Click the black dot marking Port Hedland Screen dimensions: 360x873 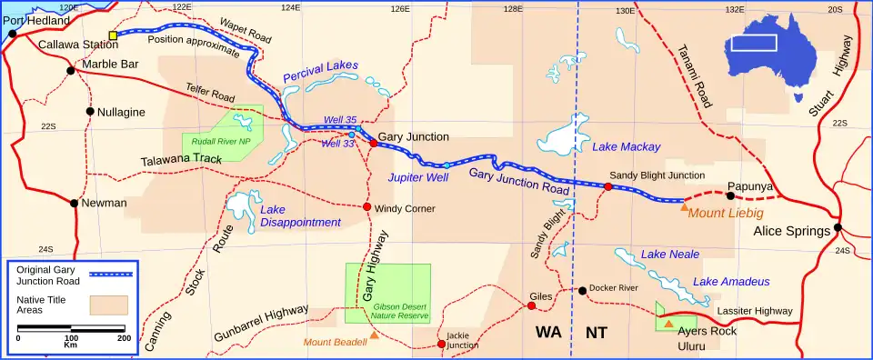12,34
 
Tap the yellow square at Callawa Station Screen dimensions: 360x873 113,35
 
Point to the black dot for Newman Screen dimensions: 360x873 75,203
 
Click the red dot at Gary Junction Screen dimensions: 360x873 373,143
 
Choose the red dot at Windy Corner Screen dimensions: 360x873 367,207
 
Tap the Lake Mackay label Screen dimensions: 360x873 626,146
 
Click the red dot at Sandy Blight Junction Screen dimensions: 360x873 608,186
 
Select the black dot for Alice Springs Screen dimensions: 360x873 838,227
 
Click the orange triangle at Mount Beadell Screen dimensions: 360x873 374,335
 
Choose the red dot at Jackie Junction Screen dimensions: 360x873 441,344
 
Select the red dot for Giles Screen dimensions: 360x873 532,305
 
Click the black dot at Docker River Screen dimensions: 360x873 582,291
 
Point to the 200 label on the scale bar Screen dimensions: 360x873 124,337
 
